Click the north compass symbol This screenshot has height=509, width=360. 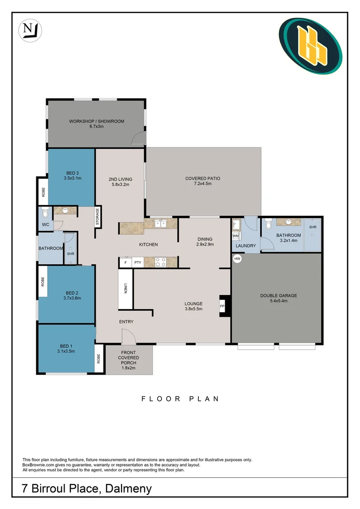[30, 31]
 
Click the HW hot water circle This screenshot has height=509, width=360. [237, 259]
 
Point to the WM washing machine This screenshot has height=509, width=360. [236, 236]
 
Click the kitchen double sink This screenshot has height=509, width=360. [160, 223]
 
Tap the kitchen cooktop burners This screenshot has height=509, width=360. [160, 262]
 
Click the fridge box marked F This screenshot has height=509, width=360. [125, 263]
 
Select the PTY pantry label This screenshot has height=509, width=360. [138, 263]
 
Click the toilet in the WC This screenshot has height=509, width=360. [45, 212]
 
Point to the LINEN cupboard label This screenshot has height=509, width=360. [125, 288]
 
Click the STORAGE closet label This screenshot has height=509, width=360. [98, 216]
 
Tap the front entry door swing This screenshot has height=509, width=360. [129, 337]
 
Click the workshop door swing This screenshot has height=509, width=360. [138, 138]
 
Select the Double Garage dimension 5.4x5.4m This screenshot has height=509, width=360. [278, 301]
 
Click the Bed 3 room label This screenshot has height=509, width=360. [73, 173]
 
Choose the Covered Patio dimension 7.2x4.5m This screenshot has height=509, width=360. [203, 184]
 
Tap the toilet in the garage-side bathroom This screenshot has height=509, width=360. [269, 224]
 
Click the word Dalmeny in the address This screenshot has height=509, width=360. [129, 489]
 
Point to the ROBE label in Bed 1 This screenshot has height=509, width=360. [98, 358]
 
